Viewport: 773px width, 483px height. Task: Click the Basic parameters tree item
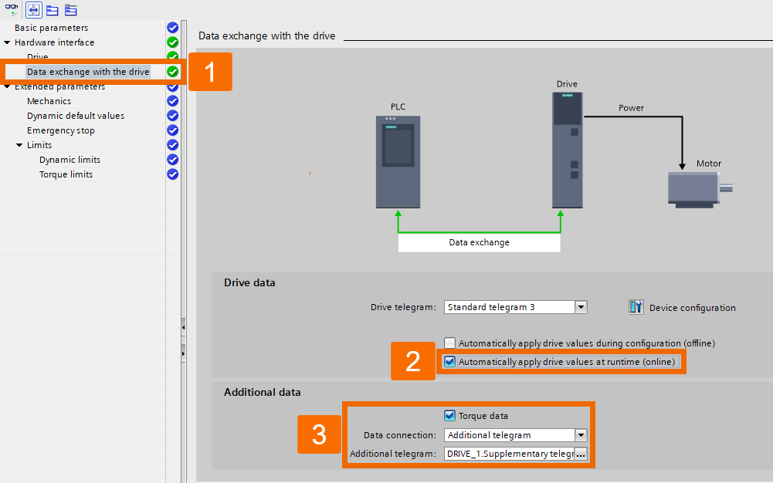(x=51, y=28)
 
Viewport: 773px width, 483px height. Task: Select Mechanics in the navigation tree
(x=49, y=101)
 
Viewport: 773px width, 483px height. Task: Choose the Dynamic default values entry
(x=75, y=116)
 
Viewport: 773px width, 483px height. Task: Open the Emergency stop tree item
(x=60, y=130)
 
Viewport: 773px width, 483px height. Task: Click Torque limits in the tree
(x=66, y=174)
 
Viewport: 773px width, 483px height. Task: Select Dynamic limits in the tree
(x=70, y=160)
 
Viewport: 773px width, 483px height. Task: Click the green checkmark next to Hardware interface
(x=173, y=42)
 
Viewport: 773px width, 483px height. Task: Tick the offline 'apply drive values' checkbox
(x=450, y=343)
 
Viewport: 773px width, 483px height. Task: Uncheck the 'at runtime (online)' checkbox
(x=450, y=361)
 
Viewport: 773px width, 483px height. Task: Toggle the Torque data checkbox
(x=450, y=415)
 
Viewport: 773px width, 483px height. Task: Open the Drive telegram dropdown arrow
(x=581, y=307)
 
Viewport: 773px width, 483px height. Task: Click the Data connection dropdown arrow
(x=581, y=435)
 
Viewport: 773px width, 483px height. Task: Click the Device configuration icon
(x=636, y=307)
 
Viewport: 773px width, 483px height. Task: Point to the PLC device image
(x=398, y=162)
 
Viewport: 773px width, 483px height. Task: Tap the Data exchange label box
(x=479, y=242)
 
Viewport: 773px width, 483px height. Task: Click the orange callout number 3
(x=319, y=435)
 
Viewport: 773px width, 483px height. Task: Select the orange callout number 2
(x=413, y=361)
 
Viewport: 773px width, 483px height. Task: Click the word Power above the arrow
(x=631, y=108)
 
